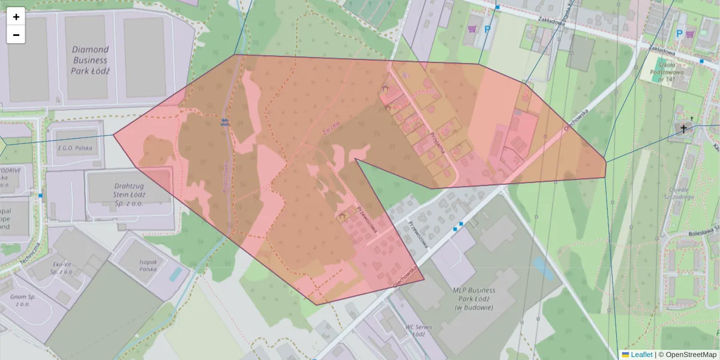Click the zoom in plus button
[16, 17]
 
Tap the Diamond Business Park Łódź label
[90, 60]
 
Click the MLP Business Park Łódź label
[473, 298]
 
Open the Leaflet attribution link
[641, 355]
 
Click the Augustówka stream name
[227, 174]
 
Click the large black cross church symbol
[684, 128]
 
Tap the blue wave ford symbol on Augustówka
[224, 122]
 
